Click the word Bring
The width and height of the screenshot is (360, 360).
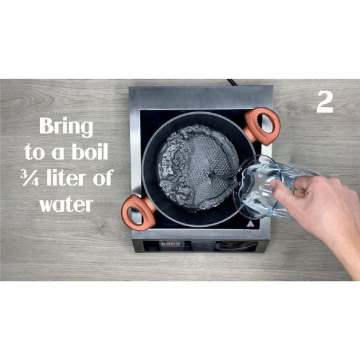67,127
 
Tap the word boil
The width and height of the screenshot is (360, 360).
90,151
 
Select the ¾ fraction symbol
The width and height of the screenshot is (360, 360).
30,178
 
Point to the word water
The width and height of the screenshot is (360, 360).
67,204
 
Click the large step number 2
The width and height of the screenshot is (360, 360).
325,102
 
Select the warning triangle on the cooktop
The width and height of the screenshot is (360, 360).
250,224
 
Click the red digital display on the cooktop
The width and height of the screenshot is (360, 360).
170,245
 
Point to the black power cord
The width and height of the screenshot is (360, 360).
232,83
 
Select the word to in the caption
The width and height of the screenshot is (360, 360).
34,152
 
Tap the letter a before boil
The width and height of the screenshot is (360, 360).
58,154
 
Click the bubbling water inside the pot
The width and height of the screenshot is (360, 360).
197,167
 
